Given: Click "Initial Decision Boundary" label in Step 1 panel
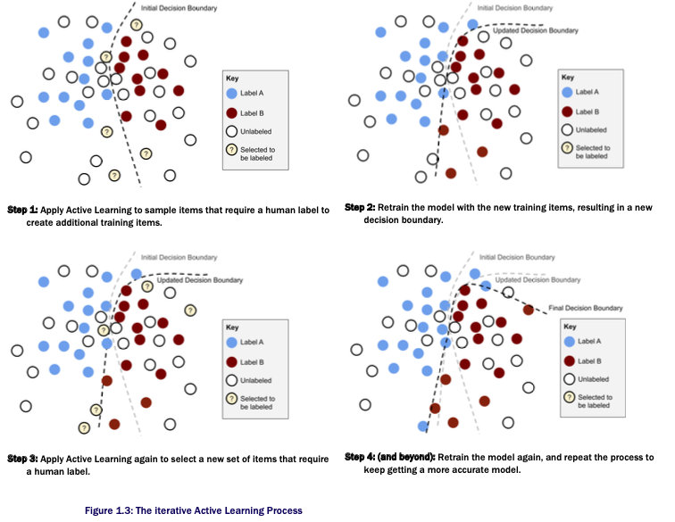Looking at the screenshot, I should tap(178, 8).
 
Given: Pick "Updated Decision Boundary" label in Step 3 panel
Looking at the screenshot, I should tap(199, 280).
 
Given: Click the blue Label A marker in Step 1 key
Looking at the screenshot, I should tap(232, 94).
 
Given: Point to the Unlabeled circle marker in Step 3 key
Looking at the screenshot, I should tap(232, 379).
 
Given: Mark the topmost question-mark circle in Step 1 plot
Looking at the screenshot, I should tap(136, 25).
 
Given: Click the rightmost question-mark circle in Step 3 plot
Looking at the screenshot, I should tap(189, 309).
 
